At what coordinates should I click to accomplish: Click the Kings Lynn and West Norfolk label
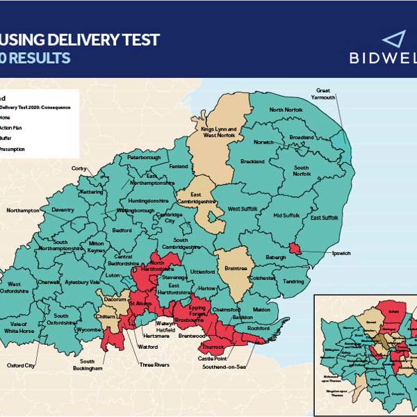[x=218, y=133]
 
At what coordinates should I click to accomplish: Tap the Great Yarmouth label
[x=325, y=94]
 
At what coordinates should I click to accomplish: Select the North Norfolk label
[x=286, y=110]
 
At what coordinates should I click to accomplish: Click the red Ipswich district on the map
[x=294, y=249]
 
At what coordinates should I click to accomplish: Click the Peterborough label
[x=144, y=158]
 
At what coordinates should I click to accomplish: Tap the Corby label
[x=79, y=168]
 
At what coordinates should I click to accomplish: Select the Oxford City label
[x=21, y=365]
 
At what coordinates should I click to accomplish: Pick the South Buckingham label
[x=91, y=365]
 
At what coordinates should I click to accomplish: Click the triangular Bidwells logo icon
[x=393, y=40]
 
